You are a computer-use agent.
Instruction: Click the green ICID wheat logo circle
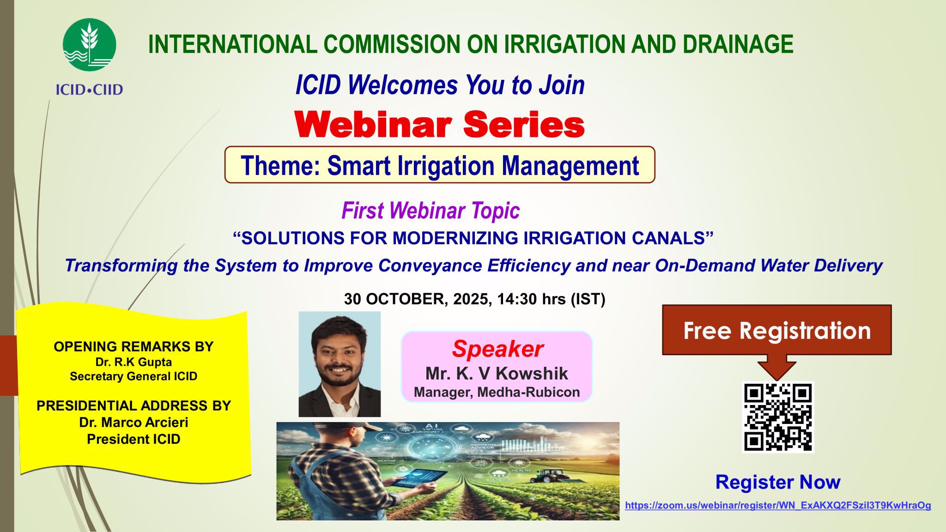tap(89, 45)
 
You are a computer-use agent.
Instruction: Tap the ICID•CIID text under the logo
tap(90, 89)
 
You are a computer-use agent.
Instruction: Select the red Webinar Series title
tap(440, 125)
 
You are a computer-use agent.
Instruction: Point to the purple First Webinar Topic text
tap(431, 211)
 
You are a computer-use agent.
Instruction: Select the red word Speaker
tap(497, 349)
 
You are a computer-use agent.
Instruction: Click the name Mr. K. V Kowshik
tap(497, 373)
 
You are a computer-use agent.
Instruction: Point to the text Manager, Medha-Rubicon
tap(497, 392)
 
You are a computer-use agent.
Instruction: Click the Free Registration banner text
tap(777, 331)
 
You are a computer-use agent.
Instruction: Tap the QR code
tap(778, 417)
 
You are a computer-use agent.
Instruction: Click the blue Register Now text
tap(778, 482)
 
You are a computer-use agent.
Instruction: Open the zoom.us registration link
tap(778, 505)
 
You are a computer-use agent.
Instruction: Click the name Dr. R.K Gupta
tap(133, 362)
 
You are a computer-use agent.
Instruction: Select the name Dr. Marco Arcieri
tap(133, 422)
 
